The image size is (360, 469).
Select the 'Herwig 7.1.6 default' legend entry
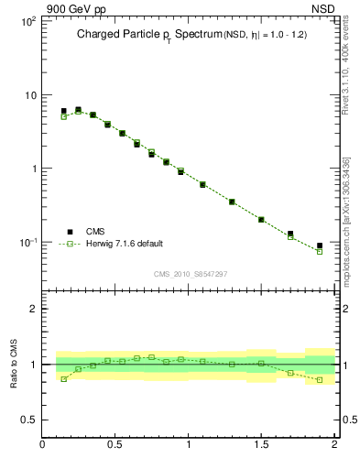tap(124, 244)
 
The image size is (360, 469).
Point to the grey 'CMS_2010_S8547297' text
tap(190, 274)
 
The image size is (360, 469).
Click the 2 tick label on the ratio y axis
tap(33, 309)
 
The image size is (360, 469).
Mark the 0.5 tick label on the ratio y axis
tap(28, 420)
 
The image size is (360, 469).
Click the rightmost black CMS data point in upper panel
tap(320, 245)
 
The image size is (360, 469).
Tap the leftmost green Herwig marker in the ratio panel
tap(63, 378)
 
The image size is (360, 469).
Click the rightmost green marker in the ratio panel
tap(320, 379)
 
